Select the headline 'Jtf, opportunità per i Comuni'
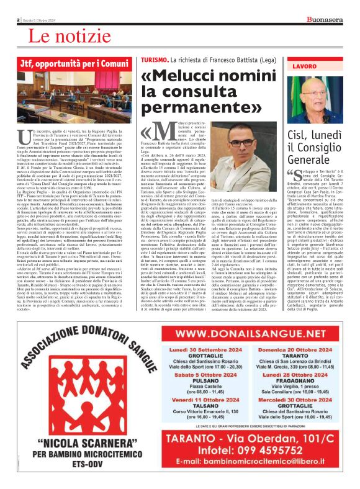(74, 64)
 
